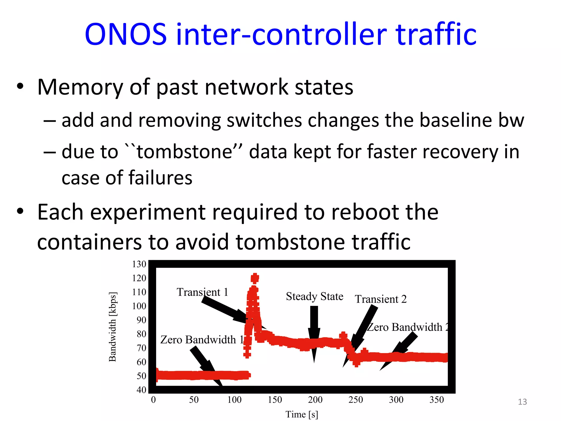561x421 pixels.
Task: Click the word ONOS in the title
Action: [126, 34]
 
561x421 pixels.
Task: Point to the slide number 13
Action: [522, 402]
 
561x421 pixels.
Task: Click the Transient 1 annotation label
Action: [202, 292]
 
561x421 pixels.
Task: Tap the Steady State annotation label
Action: [314, 296]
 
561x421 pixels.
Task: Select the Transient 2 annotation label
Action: [380, 299]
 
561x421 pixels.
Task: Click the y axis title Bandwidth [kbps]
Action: [113, 327]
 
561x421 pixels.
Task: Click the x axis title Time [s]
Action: [302, 414]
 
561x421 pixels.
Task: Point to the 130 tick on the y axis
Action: [139, 264]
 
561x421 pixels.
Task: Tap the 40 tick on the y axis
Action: [141, 389]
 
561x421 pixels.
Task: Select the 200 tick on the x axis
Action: [315, 400]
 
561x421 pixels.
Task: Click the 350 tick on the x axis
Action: [436, 400]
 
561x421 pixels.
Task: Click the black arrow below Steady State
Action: [314, 329]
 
